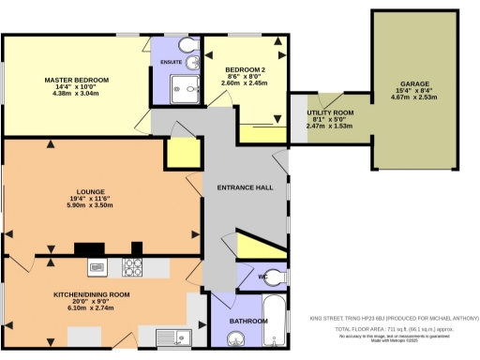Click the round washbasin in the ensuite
pos(192,64)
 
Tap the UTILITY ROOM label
pos(331,113)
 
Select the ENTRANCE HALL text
pos(245,187)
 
